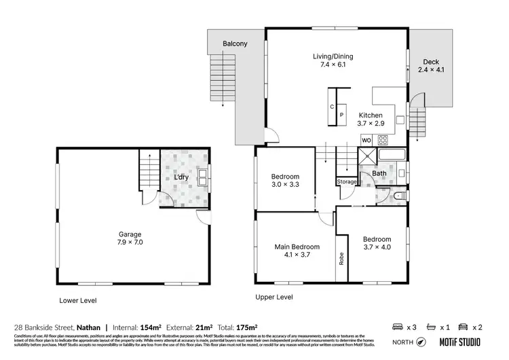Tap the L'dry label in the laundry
click(181, 178)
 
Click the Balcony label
click(235, 44)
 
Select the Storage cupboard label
click(347, 182)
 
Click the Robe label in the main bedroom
click(340, 258)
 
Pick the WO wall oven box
click(366, 141)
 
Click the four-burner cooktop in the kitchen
click(382, 141)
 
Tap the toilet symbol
click(398, 196)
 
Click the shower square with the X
click(366, 159)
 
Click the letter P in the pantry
click(341, 115)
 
